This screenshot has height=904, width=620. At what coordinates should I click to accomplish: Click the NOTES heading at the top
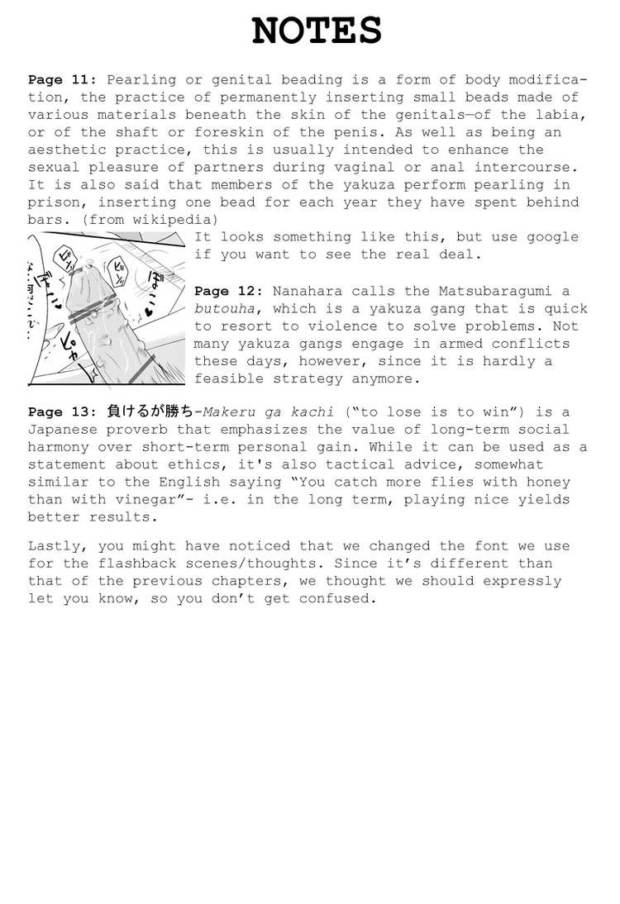pos(316,31)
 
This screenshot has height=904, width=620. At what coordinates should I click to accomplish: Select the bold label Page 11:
pos(63,80)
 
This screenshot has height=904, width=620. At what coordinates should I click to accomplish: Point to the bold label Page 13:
pos(63,412)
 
